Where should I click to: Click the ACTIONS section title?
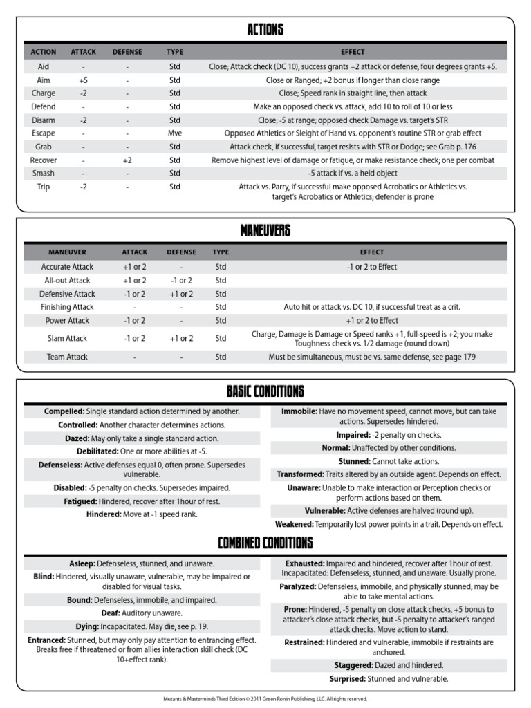pos(265,30)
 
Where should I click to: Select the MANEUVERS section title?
pos(265,230)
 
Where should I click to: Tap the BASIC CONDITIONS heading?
pos(265,392)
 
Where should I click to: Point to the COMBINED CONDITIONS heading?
pos(265,543)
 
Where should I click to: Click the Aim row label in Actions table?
pos(44,80)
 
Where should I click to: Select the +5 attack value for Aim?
pos(83,80)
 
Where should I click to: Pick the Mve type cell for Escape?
pos(174,133)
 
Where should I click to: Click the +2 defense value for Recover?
pos(128,160)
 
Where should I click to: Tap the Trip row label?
pos(44,187)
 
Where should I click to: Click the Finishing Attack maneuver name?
pos(67,307)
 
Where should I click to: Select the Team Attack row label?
pos(67,357)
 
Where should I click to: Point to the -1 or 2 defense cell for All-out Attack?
pos(181,281)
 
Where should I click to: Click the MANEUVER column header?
pos(67,252)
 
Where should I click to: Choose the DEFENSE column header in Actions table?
pos(128,52)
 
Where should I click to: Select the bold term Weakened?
pos(295,524)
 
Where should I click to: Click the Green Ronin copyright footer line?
pos(265,699)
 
